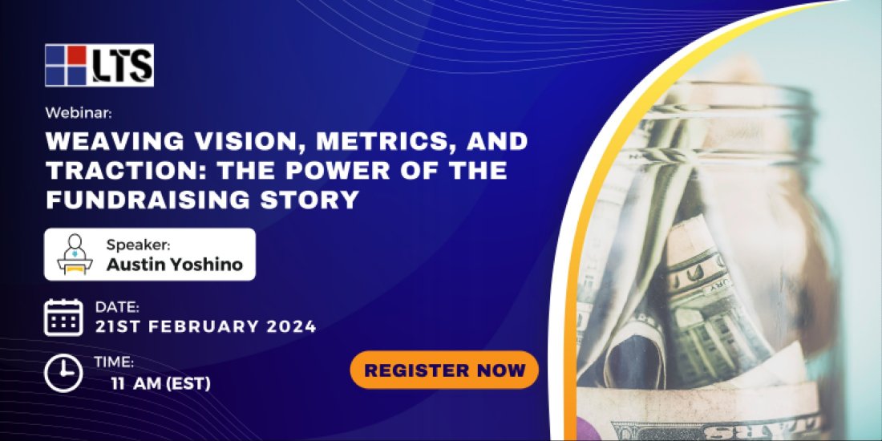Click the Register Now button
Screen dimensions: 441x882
[x=444, y=370]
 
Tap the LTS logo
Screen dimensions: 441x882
[x=99, y=65]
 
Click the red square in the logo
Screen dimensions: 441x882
[x=76, y=55]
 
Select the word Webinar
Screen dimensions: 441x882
[x=71, y=114]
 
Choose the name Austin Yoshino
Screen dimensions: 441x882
[x=174, y=264]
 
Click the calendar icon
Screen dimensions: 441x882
[x=63, y=317]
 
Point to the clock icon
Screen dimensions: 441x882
[x=63, y=373]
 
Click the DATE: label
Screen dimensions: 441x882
[x=117, y=306]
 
